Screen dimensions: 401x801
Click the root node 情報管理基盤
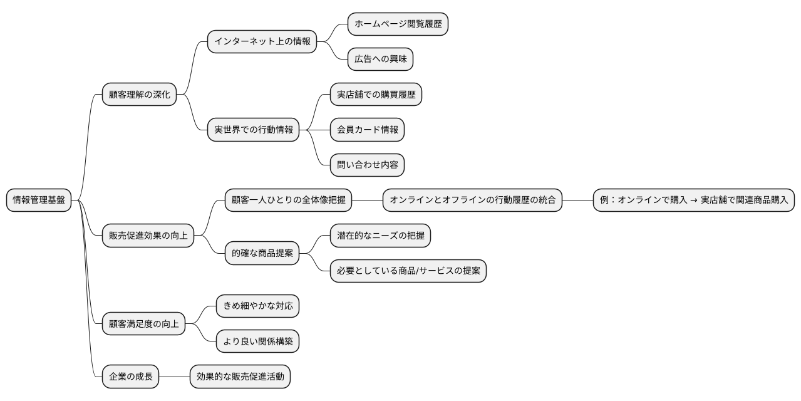(39, 200)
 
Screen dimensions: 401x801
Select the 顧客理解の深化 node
(140, 95)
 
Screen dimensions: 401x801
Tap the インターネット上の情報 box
(262, 41)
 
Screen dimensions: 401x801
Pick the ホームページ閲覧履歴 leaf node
(398, 24)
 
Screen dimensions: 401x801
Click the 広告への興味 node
(380, 59)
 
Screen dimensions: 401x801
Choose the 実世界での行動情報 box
(253, 130)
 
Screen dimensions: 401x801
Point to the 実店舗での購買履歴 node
(376, 95)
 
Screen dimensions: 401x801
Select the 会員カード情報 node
(367, 130)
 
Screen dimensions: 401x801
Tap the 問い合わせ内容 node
(367, 165)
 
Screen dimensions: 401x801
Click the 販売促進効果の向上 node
(148, 236)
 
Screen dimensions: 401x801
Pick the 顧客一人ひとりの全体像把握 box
(288, 200)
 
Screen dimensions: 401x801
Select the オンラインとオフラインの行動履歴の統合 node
(472, 200)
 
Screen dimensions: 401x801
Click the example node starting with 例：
(694, 200)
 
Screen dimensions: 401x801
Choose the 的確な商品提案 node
(262, 254)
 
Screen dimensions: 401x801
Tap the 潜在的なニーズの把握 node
(380, 236)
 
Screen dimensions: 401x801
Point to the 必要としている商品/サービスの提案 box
(408, 271)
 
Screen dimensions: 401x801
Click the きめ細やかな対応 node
(257, 306)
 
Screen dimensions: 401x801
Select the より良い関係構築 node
(257, 341)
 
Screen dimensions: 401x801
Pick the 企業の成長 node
(130, 377)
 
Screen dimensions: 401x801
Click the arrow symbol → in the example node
(694, 200)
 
